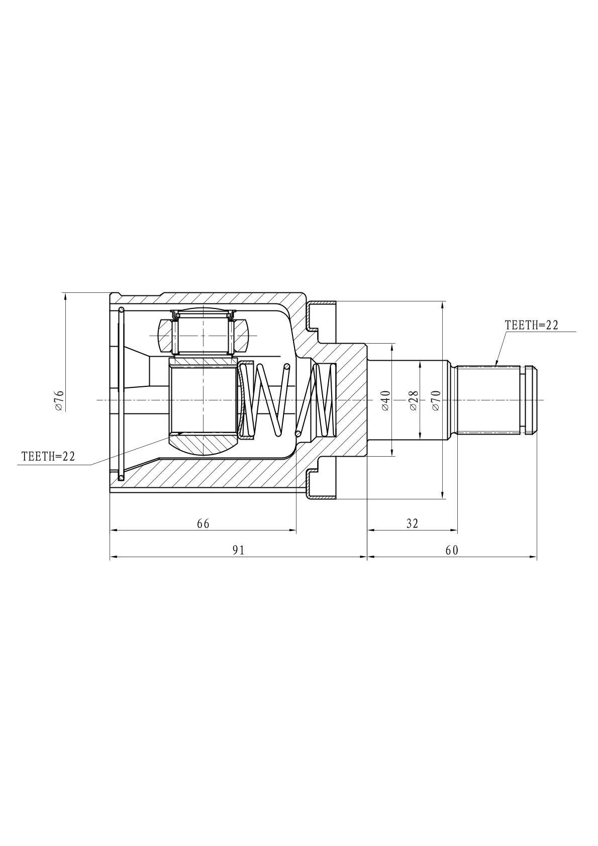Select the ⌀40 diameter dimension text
pyautogui.click(x=385, y=400)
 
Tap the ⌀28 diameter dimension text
pyautogui.click(x=414, y=400)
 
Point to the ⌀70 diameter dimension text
pyautogui.click(x=436, y=400)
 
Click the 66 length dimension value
pyautogui.click(x=203, y=523)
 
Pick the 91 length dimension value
pyautogui.click(x=238, y=550)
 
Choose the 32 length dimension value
pyautogui.click(x=412, y=523)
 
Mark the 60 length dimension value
pyautogui.click(x=451, y=550)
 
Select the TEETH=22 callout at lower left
pyautogui.click(x=48, y=456)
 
